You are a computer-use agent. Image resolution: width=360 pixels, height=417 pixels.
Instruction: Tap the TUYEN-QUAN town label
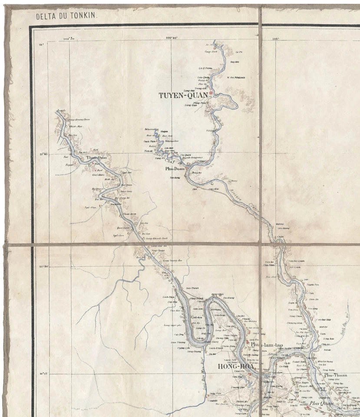point(183,95)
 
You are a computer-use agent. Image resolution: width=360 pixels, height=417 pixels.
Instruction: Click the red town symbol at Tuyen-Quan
point(211,93)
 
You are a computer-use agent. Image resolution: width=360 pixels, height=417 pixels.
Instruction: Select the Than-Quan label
point(96,158)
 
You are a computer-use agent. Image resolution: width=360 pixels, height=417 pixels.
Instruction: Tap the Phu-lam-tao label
point(267,344)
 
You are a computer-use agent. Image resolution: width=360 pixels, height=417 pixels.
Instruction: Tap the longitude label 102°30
point(69,39)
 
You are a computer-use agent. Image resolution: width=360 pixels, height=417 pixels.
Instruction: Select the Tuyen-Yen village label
point(313,285)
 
